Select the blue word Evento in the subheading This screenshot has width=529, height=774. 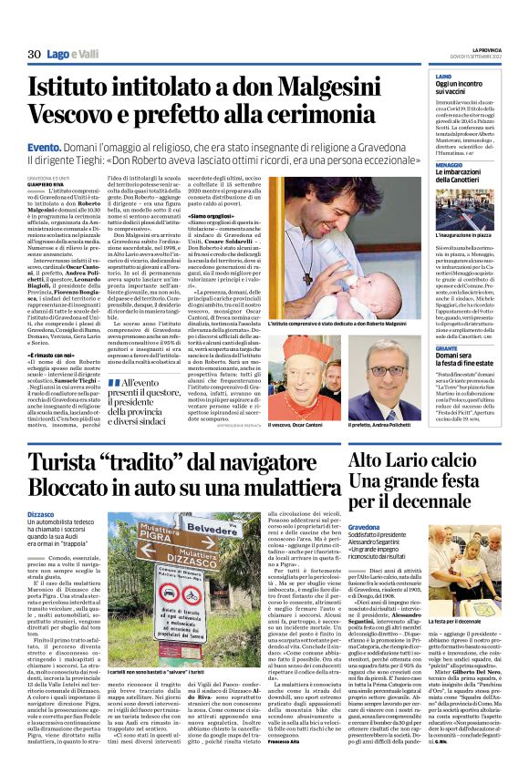[x=43, y=146]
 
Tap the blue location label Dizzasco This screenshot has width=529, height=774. [x=42, y=516]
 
